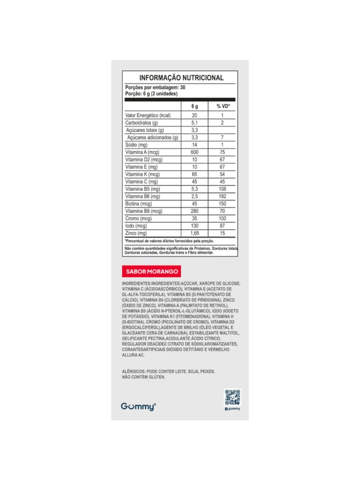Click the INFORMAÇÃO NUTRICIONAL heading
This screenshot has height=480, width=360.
pos(181,77)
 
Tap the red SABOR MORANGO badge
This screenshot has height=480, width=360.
pos(151,272)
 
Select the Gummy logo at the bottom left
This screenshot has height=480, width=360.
pos(138,406)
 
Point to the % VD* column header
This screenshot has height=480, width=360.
pos(222,106)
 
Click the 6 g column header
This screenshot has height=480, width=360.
pos(195,106)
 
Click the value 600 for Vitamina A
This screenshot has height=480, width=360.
pos(195,152)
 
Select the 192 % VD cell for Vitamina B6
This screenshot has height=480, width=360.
pos(222,196)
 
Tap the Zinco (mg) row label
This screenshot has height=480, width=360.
pos(136,233)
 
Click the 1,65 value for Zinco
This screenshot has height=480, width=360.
pos(195,233)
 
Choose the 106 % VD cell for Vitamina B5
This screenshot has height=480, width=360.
pos(222,189)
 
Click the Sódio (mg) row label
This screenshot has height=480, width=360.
pos(136,145)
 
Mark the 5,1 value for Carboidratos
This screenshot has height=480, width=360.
pos(195,123)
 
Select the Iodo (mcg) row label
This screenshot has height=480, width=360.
pos(136,226)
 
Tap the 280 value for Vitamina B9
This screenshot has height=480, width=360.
pos(195,211)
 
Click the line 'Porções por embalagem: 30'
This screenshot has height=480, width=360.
pos(155,87)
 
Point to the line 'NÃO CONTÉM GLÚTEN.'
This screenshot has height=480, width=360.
pos(144,377)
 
